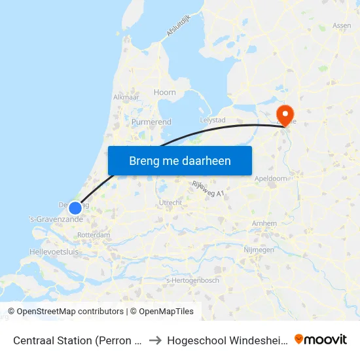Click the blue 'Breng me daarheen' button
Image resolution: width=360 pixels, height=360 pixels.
[179, 160]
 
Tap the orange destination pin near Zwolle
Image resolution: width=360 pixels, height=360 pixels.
[285, 113]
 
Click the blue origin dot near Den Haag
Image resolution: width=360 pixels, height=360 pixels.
[75, 208]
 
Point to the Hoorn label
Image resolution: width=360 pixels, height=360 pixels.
[165, 92]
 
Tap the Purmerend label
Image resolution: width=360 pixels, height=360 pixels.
[151, 122]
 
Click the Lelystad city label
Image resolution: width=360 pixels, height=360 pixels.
[212, 120]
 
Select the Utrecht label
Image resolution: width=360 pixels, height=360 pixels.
[170, 203]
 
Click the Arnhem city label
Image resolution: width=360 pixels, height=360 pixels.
[264, 223]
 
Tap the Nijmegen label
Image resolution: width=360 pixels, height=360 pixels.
[257, 250]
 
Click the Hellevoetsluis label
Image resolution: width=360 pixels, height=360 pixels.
[54, 251]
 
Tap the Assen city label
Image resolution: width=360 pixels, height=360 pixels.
[342, 26]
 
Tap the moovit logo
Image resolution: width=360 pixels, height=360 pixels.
[321, 339]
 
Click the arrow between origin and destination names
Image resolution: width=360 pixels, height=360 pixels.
[154, 340]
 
